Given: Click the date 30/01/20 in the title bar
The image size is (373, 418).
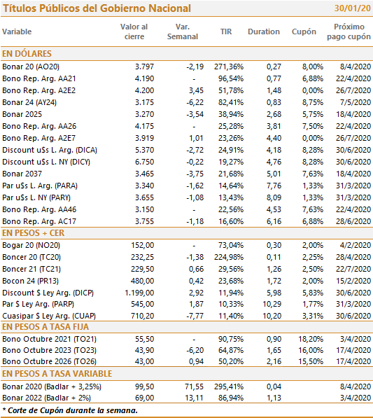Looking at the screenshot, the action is click(x=352, y=8).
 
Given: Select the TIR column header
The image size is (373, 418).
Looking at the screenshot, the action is click(x=226, y=32).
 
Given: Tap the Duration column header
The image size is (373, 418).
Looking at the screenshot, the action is click(x=264, y=32).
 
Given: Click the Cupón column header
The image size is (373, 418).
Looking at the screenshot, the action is click(x=304, y=32).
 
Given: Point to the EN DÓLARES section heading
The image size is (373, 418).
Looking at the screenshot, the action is click(x=27, y=54).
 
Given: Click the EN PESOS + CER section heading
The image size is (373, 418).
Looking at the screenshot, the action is click(x=33, y=233).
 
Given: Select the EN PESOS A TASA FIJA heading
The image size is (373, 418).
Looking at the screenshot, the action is click(x=45, y=327).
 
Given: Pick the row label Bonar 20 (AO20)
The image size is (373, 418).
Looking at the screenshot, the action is click(x=31, y=67).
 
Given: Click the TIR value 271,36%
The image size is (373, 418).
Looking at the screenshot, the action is click(x=229, y=67).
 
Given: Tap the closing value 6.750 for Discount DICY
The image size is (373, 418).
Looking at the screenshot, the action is click(x=144, y=162).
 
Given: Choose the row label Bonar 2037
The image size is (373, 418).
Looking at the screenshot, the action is click(x=22, y=174).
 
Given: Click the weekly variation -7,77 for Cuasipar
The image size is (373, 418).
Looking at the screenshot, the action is click(x=195, y=316).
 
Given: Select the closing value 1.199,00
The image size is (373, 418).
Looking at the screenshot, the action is click(x=139, y=293).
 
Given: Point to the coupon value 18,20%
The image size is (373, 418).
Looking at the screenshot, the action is click(x=311, y=339).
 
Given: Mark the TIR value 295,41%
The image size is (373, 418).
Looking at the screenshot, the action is click(x=229, y=386).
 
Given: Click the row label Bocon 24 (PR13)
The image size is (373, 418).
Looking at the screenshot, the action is click(x=30, y=281).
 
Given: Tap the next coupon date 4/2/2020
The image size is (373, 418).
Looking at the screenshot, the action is click(x=356, y=245).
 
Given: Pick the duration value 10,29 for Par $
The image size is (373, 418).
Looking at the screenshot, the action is click(x=272, y=304).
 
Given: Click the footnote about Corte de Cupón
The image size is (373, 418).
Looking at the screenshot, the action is click(x=70, y=410).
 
